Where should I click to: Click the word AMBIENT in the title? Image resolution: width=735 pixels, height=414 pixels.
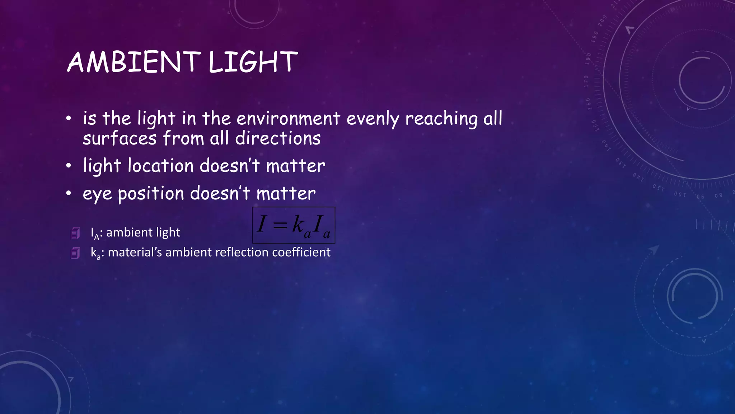coord(134,62)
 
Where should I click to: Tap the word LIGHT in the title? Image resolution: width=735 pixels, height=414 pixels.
coord(253,62)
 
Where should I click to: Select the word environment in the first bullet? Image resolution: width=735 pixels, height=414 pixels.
coord(288,119)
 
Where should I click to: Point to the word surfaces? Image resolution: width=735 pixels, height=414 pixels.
coord(120,138)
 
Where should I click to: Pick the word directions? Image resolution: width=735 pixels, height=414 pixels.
coord(278,138)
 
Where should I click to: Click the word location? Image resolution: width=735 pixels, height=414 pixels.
coord(161,166)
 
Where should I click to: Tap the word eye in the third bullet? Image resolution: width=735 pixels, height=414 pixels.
coord(97,194)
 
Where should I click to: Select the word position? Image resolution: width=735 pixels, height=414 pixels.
coord(151,194)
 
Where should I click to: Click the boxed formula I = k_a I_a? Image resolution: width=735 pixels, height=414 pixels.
coord(294,225)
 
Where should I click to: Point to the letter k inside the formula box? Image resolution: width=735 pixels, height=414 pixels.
coord(298,224)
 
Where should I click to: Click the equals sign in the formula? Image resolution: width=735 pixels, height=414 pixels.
coord(280,225)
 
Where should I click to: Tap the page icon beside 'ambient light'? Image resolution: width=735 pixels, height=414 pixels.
coord(75,233)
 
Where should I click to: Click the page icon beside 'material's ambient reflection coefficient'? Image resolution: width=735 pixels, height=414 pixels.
coord(75,253)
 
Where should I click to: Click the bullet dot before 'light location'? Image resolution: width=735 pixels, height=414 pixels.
coord(69,166)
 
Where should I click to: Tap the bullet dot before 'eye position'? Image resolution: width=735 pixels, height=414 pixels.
coord(69,194)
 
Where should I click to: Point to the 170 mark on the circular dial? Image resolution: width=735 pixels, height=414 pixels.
coord(586,81)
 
